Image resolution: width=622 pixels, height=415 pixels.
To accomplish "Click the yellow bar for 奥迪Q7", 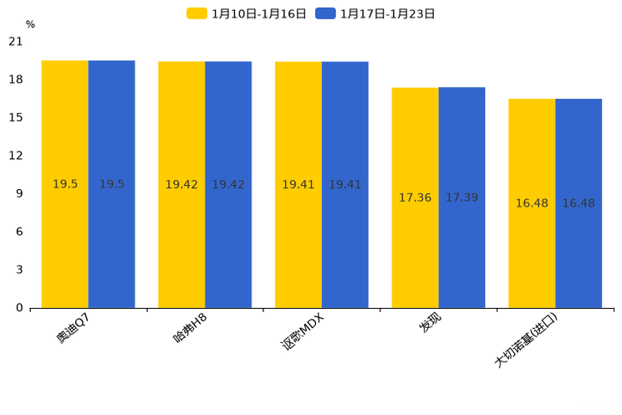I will click(65, 184).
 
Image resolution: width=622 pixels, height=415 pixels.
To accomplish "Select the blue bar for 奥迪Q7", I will click(112, 184).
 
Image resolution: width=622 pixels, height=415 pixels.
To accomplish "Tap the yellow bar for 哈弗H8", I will click(181, 184).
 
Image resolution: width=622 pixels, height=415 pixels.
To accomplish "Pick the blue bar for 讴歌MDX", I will click(345, 184).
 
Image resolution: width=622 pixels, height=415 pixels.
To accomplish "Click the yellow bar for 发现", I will click(415, 197).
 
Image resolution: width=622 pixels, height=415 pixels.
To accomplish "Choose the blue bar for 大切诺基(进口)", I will click(579, 203).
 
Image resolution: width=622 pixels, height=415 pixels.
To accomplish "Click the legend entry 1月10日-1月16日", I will click(247, 13).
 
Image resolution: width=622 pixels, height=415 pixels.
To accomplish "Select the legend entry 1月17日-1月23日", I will click(375, 13).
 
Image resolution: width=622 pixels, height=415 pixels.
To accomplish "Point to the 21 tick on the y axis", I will click(16, 42).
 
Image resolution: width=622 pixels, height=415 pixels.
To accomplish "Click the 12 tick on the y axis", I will click(16, 156).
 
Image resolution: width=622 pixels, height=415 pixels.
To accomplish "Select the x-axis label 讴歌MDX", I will click(302, 332).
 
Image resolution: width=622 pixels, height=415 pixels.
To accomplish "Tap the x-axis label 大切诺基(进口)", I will click(526, 341).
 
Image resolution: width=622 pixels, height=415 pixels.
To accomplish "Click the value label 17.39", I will click(461, 197).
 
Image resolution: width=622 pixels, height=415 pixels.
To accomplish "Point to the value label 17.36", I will click(415, 197).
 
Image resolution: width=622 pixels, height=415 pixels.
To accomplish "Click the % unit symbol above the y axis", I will click(30, 24).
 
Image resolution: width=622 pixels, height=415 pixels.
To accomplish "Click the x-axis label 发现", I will click(431, 324).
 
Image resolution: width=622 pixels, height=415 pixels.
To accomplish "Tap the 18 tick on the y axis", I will click(16, 79).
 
